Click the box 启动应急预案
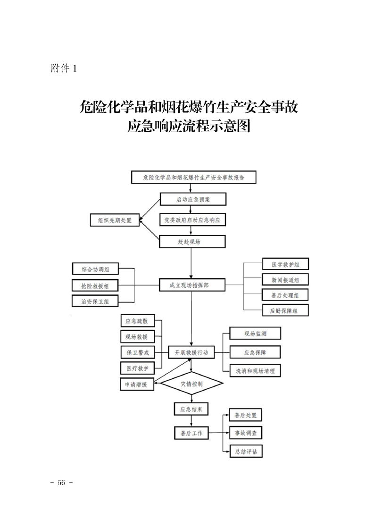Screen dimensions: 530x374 coord(192,199)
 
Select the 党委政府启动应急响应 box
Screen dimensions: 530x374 coord(192,220)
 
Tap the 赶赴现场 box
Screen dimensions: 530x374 coord(191,241)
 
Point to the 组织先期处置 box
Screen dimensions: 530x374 coord(115,220)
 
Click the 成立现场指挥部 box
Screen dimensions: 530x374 coord(192,285)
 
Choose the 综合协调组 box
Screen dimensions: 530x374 coord(96,269)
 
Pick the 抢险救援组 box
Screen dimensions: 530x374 coord(96,286)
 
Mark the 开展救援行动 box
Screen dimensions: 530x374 coord(191,352)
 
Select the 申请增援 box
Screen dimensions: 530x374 coord(136,384)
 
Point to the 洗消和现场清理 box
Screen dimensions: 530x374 coord(255,371)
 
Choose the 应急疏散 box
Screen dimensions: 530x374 coord(137,322)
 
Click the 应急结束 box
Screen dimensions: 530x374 coord(191,409)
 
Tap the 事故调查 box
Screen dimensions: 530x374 coord(245,432)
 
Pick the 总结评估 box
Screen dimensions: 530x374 coord(245,451)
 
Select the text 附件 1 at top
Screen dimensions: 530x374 coord(63,68)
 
